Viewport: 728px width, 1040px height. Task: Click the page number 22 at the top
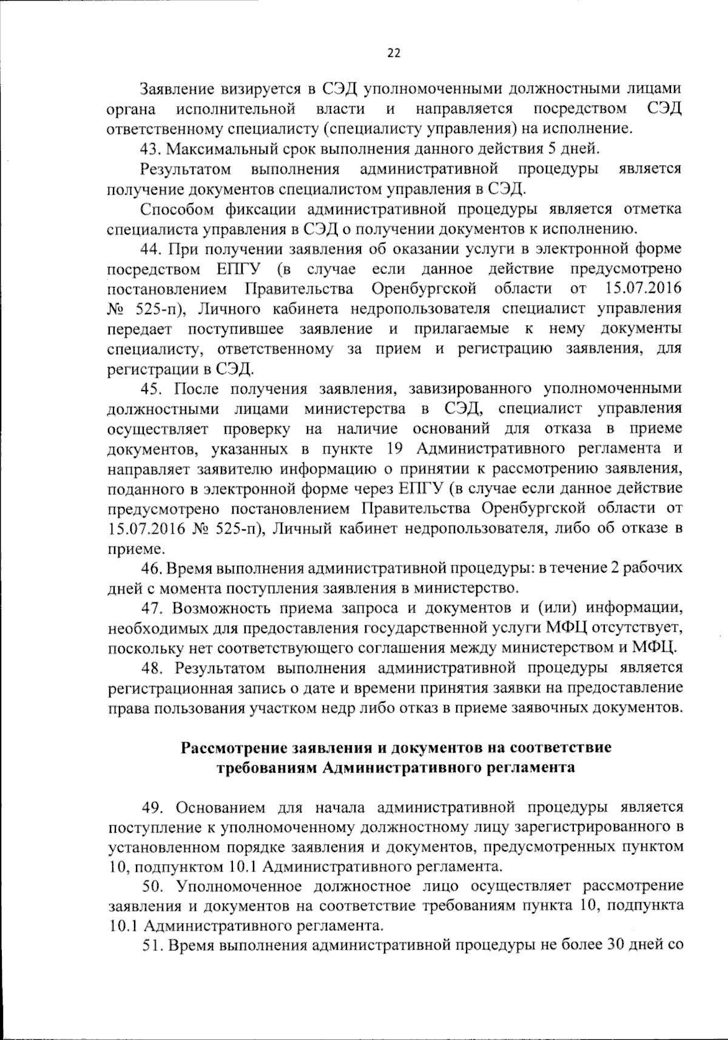(394, 53)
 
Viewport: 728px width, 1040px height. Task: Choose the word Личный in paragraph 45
(303, 529)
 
